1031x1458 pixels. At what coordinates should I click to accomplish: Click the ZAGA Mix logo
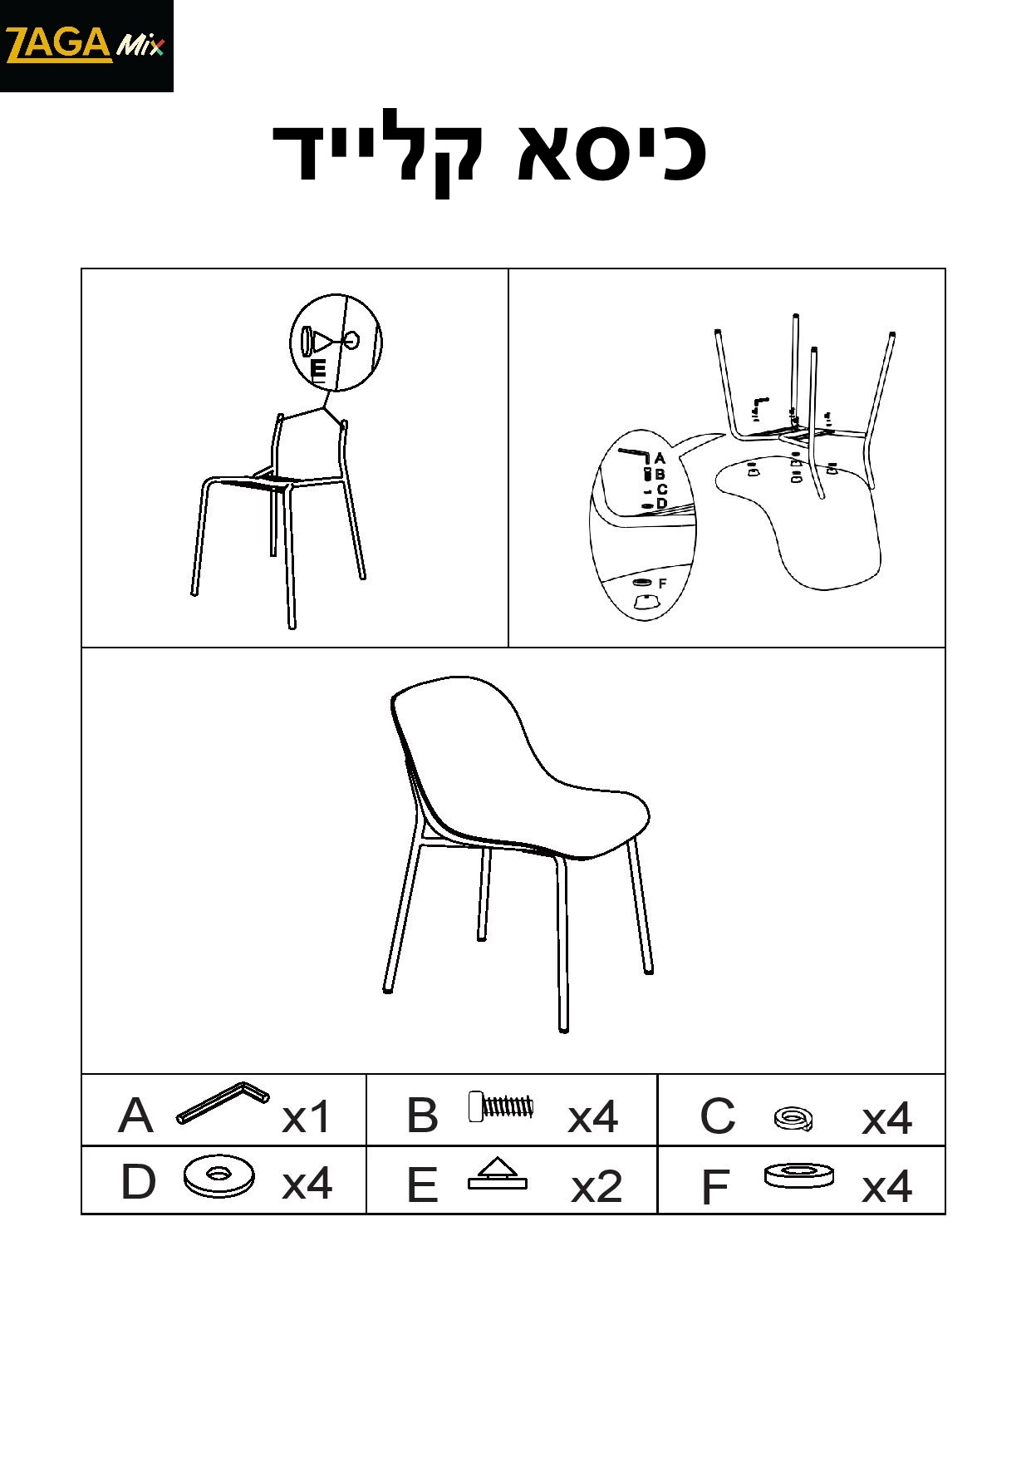pyautogui.click(x=86, y=46)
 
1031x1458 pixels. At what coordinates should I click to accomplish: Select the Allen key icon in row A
pyautogui.click(x=223, y=1102)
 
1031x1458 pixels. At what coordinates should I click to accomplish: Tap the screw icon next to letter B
pyautogui.click(x=500, y=1106)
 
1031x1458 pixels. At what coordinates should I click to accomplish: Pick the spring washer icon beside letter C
pyautogui.click(x=793, y=1119)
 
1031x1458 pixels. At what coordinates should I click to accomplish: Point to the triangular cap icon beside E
pyautogui.click(x=497, y=1174)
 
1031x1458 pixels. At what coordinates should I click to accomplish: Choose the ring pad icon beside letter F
pyautogui.click(x=799, y=1175)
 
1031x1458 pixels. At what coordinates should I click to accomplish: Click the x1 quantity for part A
pyautogui.click(x=307, y=1117)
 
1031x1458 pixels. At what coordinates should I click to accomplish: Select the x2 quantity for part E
pyautogui.click(x=597, y=1186)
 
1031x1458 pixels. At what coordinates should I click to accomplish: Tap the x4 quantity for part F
pyautogui.click(x=886, y=1186)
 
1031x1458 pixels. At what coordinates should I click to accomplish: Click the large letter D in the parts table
pyautogui.click(x=138, y=1181)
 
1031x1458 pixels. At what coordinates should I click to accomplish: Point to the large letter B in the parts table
pyautogui.click(x=422, y=1116)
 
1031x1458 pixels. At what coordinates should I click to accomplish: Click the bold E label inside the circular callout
pyautogui.click(x=318, y=369)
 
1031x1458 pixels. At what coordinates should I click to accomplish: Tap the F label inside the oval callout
pyautogui.click(x=663, y=584)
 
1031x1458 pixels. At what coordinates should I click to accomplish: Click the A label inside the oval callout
pyautogui.click(x=660, y=458)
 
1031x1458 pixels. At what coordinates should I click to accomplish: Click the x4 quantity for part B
pyautogui.click(x=593, y=1117)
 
